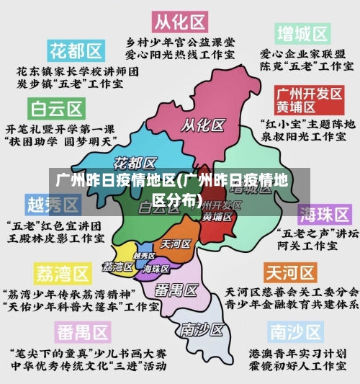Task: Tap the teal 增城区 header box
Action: [302, 33]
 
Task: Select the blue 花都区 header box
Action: [75, 50]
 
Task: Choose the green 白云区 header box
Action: [56, 109]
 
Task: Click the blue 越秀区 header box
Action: [53, 205]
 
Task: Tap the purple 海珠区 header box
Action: [325, 214]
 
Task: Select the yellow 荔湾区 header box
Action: [63, 274]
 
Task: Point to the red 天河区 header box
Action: [290, 272]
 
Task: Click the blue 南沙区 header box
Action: [296, 331]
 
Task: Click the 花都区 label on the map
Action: [136, 161]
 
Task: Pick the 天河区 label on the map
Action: [176, 244]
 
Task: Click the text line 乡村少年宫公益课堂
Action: [180, 41]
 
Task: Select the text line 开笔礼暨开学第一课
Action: [60, 128]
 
